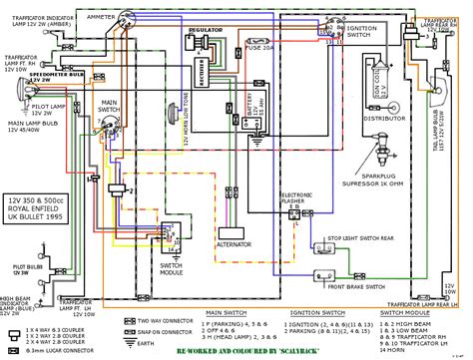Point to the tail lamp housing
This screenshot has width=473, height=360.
(444, 125)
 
